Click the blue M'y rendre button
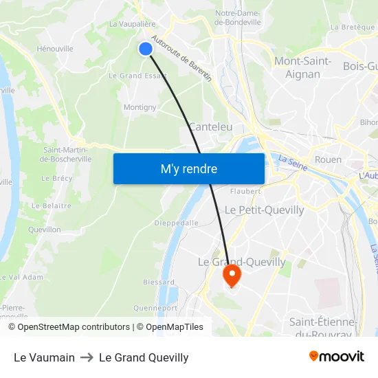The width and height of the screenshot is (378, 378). [189, 168]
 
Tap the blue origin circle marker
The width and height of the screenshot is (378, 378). [146, 48]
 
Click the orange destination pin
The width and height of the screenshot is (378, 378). [232, 276]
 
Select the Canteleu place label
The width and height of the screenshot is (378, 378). [210, 127]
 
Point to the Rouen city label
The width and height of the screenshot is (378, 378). [328, 159]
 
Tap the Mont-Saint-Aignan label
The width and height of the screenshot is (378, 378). [302, 67]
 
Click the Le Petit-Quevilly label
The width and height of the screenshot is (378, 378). [264, 210]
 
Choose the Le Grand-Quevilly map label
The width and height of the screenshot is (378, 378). [241, 262]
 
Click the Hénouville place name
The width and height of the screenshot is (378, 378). [55, 49]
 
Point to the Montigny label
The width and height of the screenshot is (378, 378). [140, 107]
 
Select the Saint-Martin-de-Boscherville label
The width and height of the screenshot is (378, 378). [65, 155]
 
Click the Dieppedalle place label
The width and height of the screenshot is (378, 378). [177, 223]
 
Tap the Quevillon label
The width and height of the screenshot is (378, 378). [45, 230]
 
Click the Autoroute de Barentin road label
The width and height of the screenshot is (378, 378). [182, 59]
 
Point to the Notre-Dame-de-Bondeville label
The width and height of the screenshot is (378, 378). [238, 17]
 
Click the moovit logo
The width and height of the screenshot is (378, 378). [337, 356]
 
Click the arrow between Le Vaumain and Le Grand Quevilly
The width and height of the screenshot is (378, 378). [87, 357]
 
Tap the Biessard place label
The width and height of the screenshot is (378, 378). [158, 282]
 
